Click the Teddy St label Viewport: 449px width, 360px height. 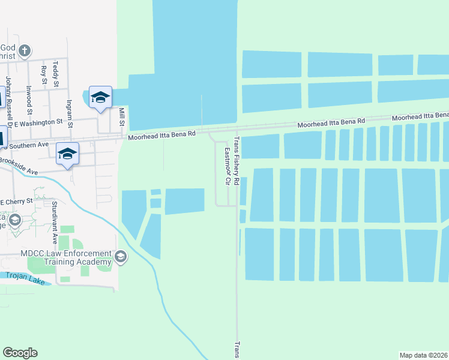point(55,70)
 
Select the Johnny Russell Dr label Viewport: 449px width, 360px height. point(9,97)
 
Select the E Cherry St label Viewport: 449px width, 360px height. point(19,202)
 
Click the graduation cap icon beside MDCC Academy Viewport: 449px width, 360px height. point(121,257)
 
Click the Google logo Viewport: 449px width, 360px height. point(20,353)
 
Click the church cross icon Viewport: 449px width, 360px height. point(25,50)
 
